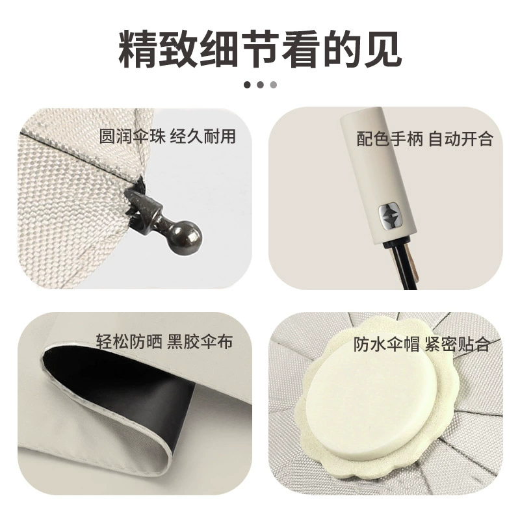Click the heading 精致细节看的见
[261, 49]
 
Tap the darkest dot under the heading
[247, 85]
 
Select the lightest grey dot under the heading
[273, 85]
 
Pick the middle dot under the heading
[261, 85]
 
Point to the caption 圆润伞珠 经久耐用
[168, 136]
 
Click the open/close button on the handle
[390, 217]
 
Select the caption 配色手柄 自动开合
[425, 138]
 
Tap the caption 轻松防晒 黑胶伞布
[164, 341]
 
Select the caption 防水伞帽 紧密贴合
[421, 344]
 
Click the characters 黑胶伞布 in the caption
[200, 341]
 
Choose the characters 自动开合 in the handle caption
[461, 138]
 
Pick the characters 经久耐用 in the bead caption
[203, 136]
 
